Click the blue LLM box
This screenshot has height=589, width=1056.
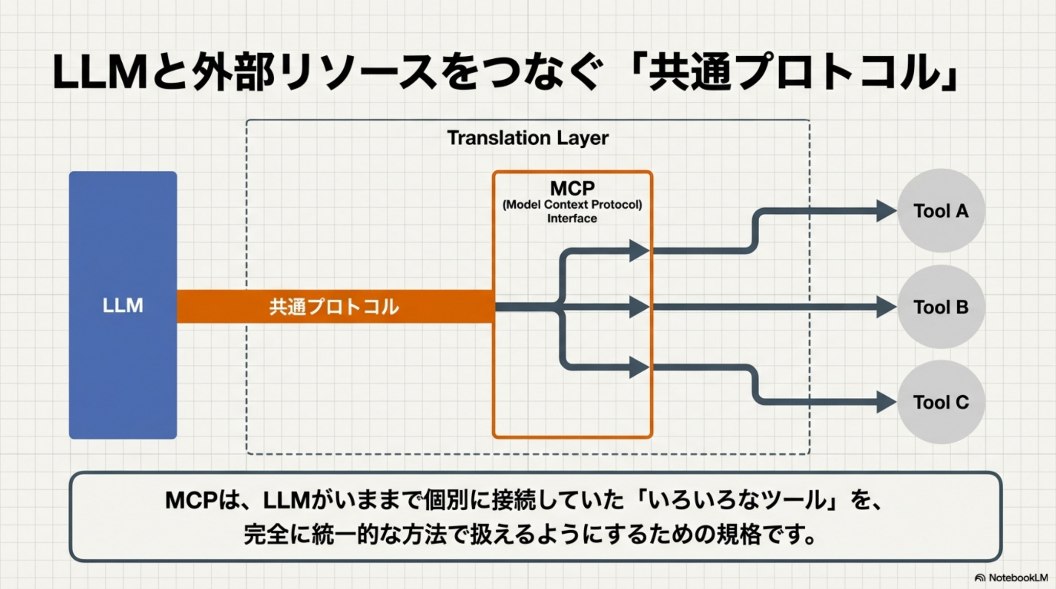point(123,305)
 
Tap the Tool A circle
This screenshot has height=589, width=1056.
point(941,211)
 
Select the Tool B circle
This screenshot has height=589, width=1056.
point(941,307)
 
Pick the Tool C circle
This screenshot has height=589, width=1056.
point(941,402)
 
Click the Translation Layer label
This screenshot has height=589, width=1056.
point(527,138)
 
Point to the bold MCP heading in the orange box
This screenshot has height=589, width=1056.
point(572,188)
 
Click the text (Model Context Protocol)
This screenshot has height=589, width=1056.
point(572,205)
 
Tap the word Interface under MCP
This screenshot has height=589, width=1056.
point(572,219)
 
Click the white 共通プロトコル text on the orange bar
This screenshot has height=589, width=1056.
point(334,307)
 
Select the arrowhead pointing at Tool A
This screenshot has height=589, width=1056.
point(885,211)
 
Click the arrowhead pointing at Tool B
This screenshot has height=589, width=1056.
point(885,307)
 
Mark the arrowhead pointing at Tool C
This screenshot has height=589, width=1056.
point(885,402)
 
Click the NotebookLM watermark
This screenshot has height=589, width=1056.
point(1011,578)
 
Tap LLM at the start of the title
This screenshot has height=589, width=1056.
point(100,73)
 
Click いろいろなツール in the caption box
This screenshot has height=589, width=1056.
point(737,500)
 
